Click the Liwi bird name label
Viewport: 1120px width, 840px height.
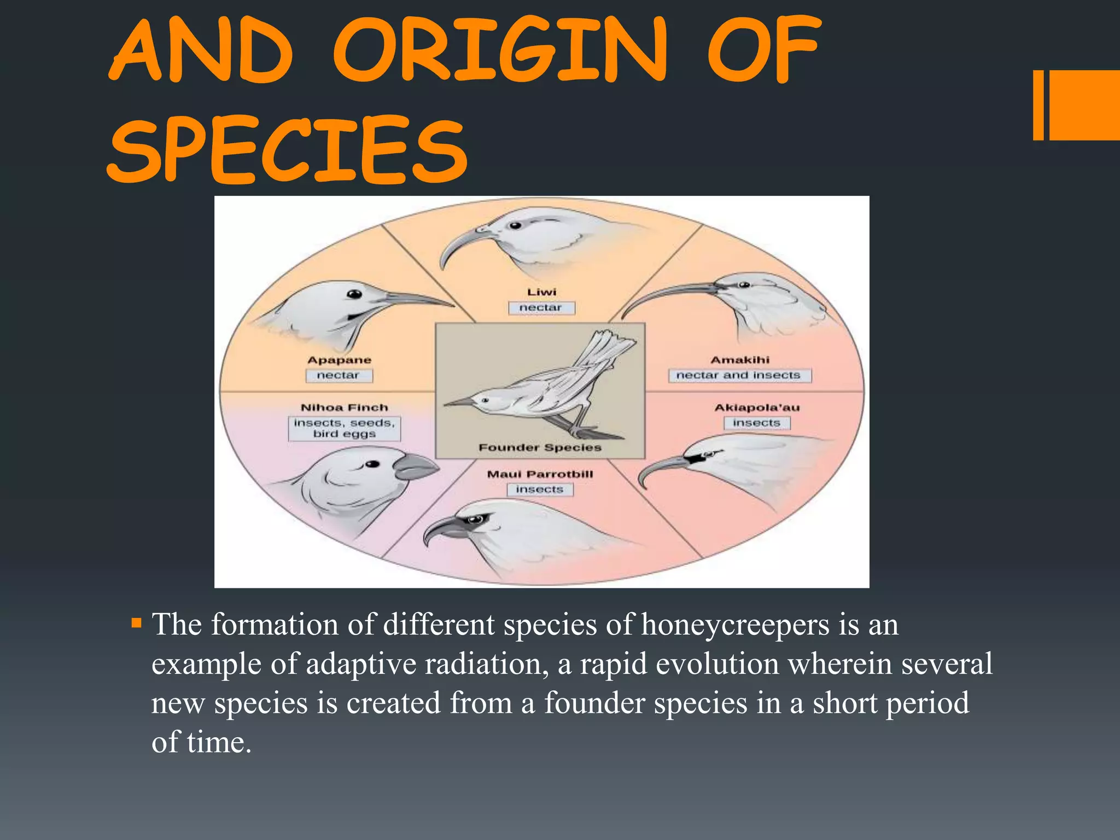tap(541, 292)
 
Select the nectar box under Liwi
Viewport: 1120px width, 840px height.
tap(541, 308)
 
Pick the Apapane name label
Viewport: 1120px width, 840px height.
tap(339, 360)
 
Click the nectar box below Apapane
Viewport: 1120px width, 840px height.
tap(339, 376)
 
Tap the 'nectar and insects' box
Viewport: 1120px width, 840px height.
tap(739, 375)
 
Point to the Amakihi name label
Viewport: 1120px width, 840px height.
tap(739, 360)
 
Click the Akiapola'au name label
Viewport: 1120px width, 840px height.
tap(757, 407)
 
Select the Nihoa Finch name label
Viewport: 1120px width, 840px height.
tap(345, 407)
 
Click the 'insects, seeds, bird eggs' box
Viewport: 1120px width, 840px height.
tap(345, 428)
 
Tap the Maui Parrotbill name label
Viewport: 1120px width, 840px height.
tap(540, 474)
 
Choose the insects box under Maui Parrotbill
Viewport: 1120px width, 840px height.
tap(540, 489)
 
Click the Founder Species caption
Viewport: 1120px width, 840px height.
tap(540, 447)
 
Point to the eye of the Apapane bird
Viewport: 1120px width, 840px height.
tap(355, 294)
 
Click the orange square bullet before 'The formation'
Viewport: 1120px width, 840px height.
tap(137, 623)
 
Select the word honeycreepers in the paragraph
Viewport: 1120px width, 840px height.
tap(735, 625)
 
